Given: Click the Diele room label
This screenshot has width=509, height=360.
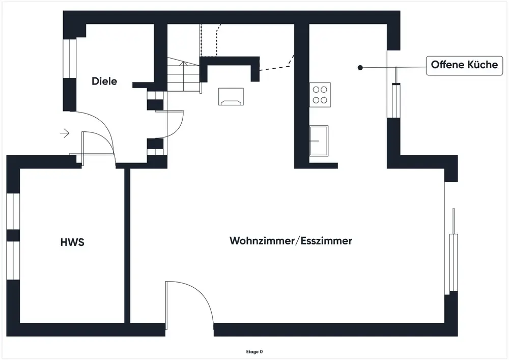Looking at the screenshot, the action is click(x=104, y=81).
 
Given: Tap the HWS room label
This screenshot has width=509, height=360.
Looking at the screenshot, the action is click(x=72, y=242).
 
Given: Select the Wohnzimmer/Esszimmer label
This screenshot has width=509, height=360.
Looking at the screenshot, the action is click(x=291, y=241).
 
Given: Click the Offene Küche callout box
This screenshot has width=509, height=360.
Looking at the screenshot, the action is click(x=464, y=66).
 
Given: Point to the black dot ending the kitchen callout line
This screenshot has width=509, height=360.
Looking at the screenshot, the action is click(x=360, y=67).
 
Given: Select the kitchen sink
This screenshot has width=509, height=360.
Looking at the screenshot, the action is click(x=319, y=141).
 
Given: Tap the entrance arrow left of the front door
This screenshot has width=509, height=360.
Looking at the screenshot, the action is click(x=65, y=133).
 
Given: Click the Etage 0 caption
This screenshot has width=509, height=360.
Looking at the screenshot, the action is click(x=254, y=351).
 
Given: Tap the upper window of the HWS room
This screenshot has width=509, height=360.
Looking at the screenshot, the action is click(x=13, y=211).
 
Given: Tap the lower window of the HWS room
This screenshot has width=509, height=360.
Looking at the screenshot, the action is click(x=13, y=260).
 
